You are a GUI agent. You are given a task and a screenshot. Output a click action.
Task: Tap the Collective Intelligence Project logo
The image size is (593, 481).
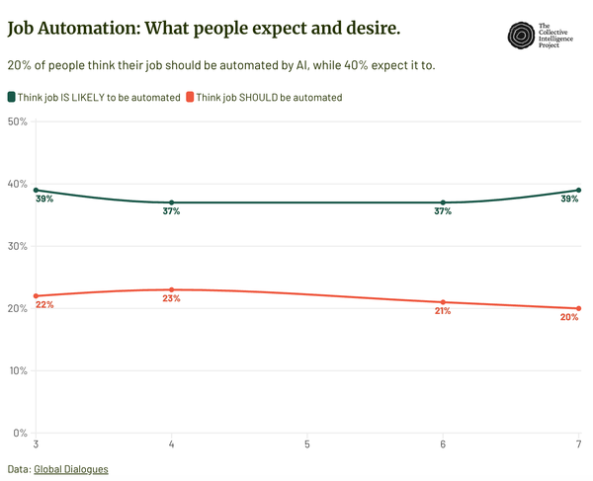coord(520,37)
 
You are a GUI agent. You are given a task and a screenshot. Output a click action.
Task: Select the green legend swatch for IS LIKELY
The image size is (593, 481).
coord(12,97)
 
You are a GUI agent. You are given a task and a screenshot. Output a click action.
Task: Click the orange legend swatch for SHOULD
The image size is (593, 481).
coord(190,97)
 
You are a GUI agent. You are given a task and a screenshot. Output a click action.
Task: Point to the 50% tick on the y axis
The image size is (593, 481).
coord(17,121)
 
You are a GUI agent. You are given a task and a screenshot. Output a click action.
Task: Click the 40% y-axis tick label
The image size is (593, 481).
coord(17,184)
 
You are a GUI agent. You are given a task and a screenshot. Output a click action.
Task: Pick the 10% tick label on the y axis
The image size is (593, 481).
coord(17,370)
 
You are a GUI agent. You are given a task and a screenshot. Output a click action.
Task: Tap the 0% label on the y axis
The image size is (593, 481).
coord(20,433)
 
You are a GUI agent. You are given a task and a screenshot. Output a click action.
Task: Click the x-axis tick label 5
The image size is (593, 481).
coord(307,444)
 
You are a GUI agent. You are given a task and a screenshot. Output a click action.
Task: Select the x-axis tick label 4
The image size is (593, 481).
coord(172,444)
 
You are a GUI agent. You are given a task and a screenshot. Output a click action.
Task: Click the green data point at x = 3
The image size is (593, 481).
coord(37,190)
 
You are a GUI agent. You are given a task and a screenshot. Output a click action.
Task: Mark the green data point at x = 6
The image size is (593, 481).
coord(443,202)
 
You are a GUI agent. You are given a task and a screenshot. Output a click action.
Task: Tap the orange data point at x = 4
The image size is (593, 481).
coord(172,289)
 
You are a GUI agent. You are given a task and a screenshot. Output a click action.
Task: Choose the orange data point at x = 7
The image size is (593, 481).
coord(578,308)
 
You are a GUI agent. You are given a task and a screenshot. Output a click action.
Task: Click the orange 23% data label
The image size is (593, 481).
coord(172,298)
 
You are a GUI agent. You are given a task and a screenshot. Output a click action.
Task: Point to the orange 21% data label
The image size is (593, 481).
coord(442,311)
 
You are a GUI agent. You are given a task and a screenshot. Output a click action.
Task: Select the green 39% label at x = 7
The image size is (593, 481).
coord(569,200)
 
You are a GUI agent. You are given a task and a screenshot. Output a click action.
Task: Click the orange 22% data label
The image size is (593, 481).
coord(44,305)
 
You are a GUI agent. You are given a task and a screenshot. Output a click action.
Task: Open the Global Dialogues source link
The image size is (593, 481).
coord(71,469)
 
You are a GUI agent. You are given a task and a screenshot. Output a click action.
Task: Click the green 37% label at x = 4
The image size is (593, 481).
coord(172,212)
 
